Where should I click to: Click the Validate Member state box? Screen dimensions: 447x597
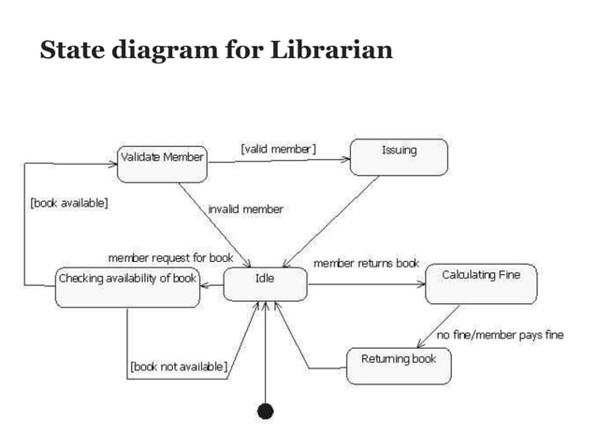point(162,158)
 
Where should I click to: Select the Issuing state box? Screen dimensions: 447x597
point(399,155)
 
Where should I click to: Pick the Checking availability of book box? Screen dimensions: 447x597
point(127,284)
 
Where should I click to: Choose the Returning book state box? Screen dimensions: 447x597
point(398,365)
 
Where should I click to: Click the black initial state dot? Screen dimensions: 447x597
point(266,411)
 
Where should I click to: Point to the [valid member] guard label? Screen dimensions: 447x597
point(278,148)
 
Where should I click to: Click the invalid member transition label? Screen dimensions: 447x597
point(245,209)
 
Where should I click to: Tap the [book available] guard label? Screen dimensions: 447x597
point(69,202)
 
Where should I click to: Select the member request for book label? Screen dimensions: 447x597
point(170,257)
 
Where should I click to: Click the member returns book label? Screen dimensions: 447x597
point(366,263)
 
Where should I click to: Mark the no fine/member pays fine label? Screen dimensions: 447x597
point(500,335)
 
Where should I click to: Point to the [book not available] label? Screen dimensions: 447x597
point(178,367)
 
